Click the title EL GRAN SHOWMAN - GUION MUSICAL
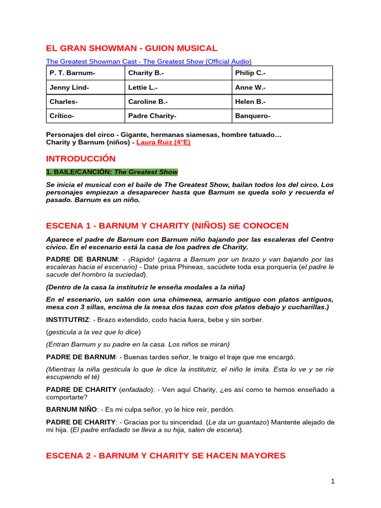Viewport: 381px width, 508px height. coord(131,48)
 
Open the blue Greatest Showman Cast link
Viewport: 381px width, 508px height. coord(149,62)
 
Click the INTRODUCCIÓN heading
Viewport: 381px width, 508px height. coord(81,159)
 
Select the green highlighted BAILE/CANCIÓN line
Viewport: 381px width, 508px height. coord(112,172)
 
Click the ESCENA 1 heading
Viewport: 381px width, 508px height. coord(167,226)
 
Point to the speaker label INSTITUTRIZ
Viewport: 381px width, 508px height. coord(67,320)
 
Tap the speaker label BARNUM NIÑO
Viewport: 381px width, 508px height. coord(71,409)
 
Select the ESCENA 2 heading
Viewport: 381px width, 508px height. coord(166,455)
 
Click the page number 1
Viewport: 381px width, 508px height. coord(333,481)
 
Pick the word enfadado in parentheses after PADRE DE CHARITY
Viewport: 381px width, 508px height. coord(136,389)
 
